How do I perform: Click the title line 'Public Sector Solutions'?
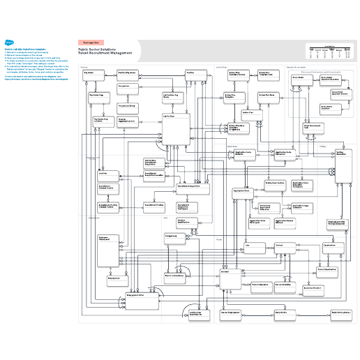pyautogui.click(x=97, y=50)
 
